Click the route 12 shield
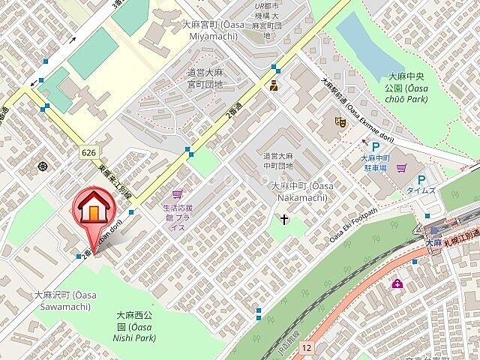point(306,347)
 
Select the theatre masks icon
point(339,120)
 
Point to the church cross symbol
point(284,220)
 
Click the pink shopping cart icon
point(177,193)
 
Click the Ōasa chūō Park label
point(407,86)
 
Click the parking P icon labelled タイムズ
point(421,180)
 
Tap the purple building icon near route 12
point(396,283)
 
